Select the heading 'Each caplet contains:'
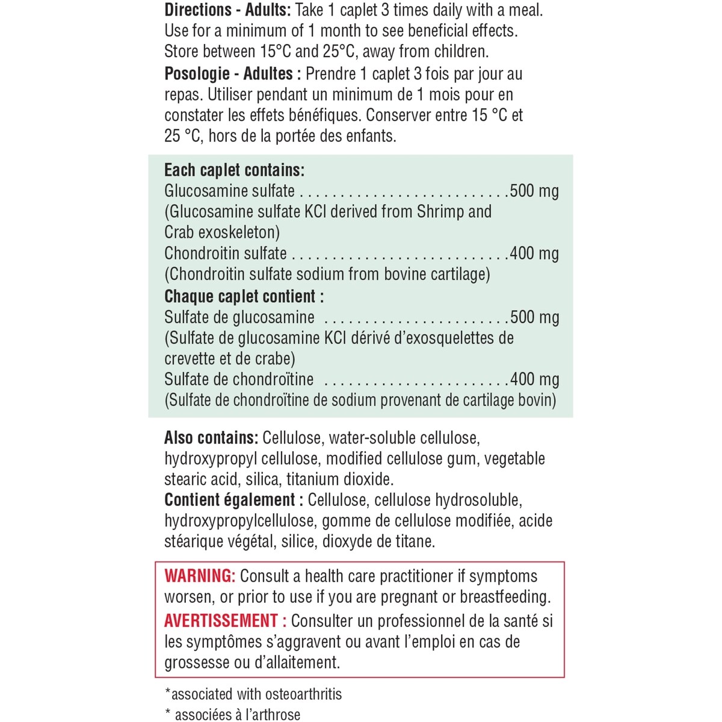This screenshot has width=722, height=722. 234,170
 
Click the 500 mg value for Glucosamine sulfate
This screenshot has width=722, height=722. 534,191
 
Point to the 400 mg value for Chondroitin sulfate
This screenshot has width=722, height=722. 534,253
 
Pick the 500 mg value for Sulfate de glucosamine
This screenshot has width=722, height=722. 534,317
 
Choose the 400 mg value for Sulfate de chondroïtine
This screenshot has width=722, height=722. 534,380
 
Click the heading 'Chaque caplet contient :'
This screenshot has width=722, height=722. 244,297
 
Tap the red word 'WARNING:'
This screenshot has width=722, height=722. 199,576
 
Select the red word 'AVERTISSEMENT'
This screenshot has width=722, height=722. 221,620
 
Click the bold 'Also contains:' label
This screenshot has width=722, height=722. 211,438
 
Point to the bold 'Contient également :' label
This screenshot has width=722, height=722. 233,500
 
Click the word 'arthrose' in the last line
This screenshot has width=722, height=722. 271,715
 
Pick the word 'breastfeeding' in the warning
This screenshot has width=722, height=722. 504,597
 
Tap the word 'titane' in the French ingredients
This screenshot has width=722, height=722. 414,541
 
